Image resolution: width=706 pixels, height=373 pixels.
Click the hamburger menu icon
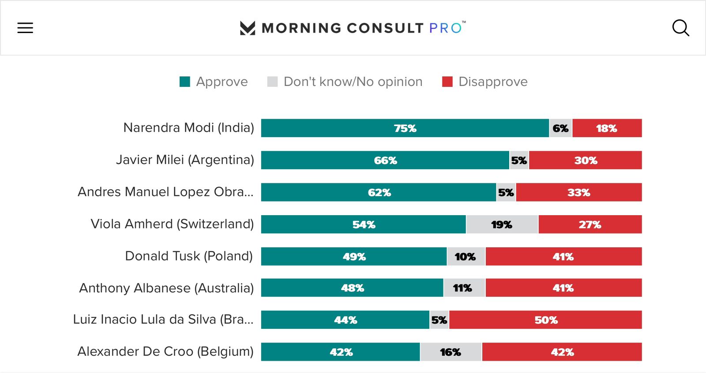25,28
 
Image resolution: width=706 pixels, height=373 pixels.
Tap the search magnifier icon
680,28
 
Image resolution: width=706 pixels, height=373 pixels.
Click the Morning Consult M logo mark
248,28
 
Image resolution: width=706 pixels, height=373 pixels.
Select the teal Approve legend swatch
185,82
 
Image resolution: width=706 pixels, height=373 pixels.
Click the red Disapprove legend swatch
447,82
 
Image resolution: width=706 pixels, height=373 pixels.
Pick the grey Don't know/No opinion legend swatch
272,82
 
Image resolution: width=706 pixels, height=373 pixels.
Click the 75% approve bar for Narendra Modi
405,128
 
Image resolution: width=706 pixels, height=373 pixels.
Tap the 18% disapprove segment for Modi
607,128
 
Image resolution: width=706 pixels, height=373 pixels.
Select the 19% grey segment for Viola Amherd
502,224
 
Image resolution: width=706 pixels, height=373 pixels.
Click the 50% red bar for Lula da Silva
546,320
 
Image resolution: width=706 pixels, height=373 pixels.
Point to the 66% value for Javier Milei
385,160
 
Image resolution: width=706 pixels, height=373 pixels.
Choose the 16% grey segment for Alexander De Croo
451,352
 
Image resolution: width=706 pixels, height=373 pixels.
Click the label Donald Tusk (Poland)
189,256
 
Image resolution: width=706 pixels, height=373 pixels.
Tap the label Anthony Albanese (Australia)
166,288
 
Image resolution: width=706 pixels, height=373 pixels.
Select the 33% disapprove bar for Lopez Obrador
578,193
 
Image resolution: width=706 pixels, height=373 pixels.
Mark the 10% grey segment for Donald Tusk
466,257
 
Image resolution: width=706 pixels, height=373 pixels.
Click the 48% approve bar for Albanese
352,288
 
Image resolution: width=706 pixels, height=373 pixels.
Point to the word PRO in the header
446,28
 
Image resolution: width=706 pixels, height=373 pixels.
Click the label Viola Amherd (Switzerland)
172,224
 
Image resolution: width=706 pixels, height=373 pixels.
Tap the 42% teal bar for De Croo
341,352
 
